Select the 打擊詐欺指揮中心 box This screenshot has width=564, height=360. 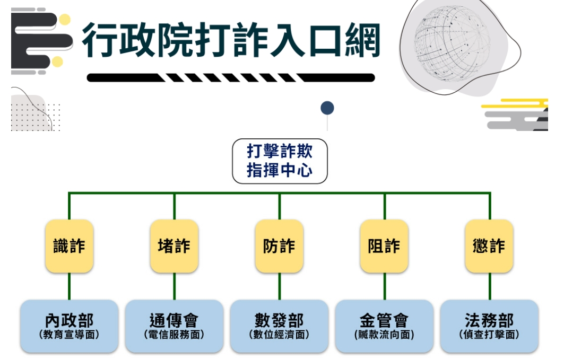(280, 161)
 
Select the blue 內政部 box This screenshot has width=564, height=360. (69, 326)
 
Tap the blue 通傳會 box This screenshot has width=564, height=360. (174, 326)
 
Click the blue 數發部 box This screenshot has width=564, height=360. (279, 326)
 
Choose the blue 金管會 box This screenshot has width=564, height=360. (384, 326)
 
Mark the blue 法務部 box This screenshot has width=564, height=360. (489, 326)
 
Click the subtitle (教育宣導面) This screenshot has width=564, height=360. (69, 335)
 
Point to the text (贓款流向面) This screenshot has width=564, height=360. (384, 335)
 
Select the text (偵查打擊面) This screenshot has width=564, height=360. (489, 335)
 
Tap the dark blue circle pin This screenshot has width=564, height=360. (327, 109)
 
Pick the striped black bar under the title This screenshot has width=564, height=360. (231, 78)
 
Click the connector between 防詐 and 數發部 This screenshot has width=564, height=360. (280, 286)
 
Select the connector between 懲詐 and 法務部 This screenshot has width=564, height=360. (490, 286)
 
